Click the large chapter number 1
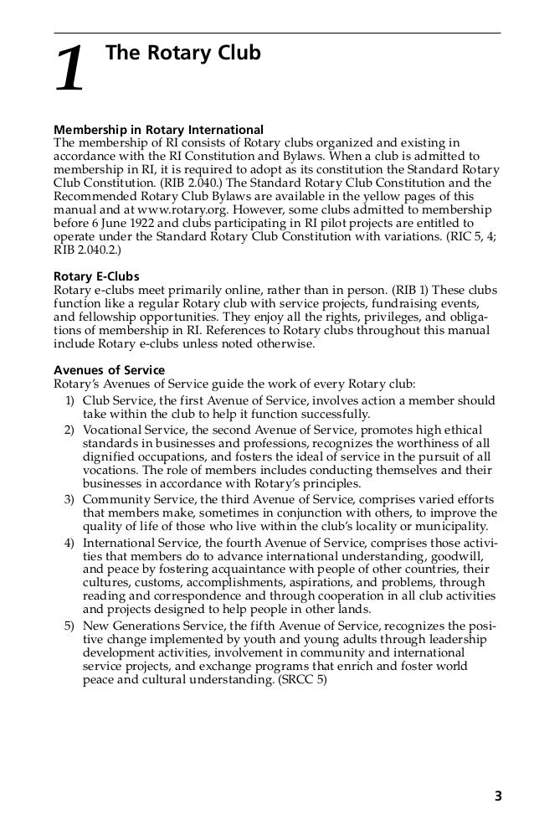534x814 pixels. [70, 70]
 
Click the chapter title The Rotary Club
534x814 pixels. [183, 54]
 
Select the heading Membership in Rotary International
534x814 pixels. [158, 130]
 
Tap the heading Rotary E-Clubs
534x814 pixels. [96, 277]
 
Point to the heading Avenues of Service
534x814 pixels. [109, 370]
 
